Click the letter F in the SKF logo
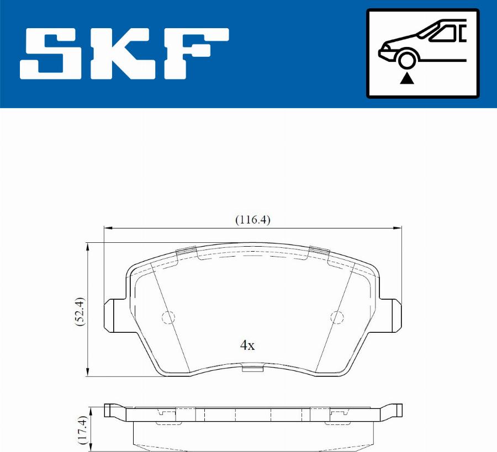[197, 54]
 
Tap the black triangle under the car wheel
[406, 78]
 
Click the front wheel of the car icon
[407, 59]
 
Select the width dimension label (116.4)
[252, 220]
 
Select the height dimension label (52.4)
[80, 312]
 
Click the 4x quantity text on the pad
[247, 345]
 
